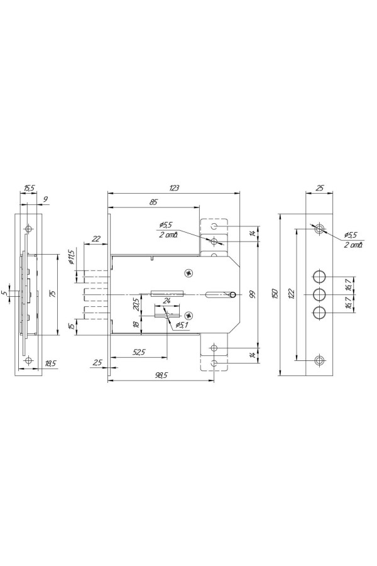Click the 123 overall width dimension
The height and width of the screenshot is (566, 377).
click(174, 188)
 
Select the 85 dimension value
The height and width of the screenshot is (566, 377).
click(153, 202)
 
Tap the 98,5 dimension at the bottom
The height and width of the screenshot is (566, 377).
click(160, 375)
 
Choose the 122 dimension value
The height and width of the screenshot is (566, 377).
click(292, 294)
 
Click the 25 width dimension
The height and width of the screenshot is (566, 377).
click(320, 188)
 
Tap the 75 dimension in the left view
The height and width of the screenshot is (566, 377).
click(53, 294)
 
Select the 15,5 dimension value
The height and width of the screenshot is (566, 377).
click(29, 188)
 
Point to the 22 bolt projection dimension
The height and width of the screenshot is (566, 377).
click(96, 238)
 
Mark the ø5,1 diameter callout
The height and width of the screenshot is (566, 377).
click(181, 325)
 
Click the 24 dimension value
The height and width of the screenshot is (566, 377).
click(167, 301)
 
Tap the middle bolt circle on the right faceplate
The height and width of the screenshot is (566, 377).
click(319, 294)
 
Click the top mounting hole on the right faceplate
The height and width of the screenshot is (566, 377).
click(319, 229)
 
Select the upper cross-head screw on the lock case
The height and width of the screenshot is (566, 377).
click(188, 274)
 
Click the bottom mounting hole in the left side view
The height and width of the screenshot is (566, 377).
click(28, 360)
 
